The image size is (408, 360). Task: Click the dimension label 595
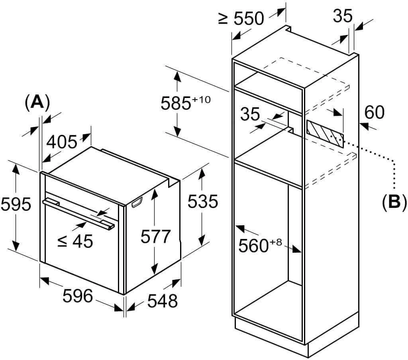coord(15,205)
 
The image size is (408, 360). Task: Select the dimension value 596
coord(78,296)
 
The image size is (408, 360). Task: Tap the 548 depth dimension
coord(162,301)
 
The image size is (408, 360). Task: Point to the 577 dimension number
coord(155,237)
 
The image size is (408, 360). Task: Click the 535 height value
coord(202,202)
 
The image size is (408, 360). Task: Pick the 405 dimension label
coord(61,142)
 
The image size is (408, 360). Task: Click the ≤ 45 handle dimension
coord(75,241)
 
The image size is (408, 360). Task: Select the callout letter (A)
coord(37,102)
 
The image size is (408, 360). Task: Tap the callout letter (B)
coord(394,202)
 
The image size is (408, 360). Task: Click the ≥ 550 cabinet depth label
coord(241,18)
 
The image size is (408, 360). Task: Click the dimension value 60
coord(374,113)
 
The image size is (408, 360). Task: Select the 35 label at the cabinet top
coord(343,16)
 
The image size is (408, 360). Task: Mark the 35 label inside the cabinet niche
coord(250,114)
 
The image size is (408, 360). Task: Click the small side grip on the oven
coord(135,203)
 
